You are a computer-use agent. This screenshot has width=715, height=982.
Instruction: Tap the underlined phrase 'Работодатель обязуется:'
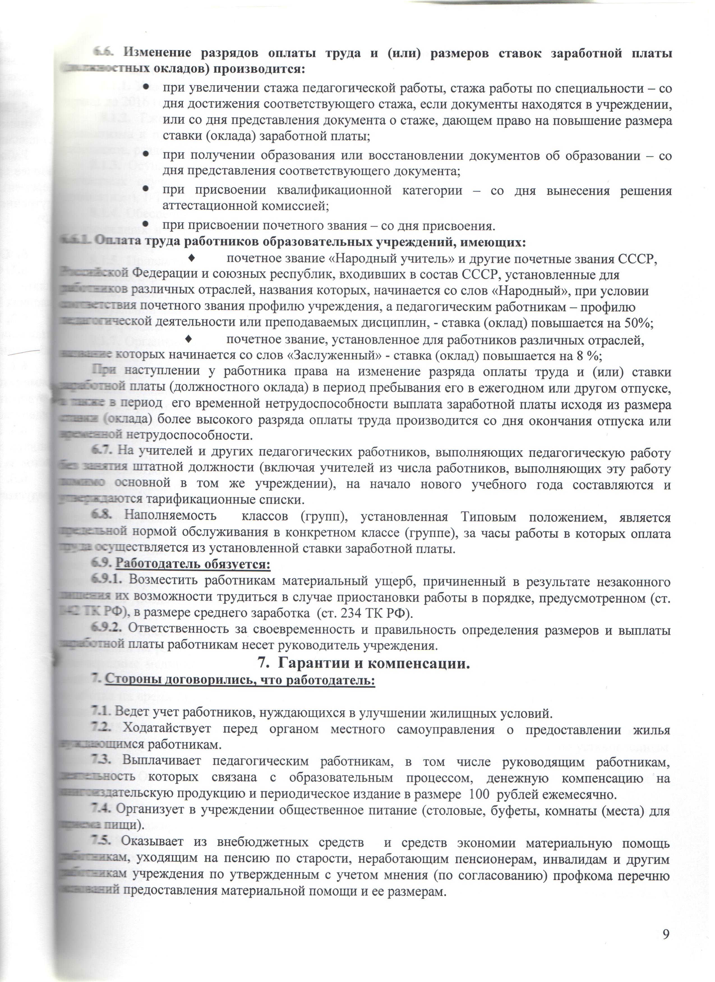pyautogui.click(x=193, y=564)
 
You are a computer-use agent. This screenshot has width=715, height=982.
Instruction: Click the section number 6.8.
pyautogui.click(x=102, y=516)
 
